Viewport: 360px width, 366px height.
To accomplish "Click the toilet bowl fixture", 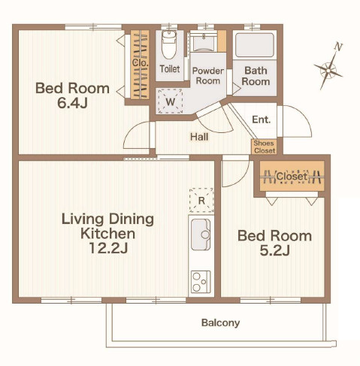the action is click(x=169, y=44).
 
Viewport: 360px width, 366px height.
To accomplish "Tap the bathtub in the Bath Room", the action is click(x=255, y=45).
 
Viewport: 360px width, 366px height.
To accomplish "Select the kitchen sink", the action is click(x=201, y=234).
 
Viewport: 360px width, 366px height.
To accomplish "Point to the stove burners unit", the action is click(x=201, y=282).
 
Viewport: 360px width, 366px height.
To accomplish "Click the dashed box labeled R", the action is click(x=201, y=201).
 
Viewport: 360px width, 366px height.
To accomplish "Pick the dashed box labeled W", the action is click(x=171, y=101).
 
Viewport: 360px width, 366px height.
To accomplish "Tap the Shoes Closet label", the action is click(x=265, y=147).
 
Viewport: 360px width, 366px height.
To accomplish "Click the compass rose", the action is click(x=328, y=71).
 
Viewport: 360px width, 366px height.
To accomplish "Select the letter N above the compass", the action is click(x=338, y=47).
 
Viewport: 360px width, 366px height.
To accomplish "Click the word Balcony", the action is click(x=220, y=322).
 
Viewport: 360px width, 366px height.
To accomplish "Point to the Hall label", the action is click(x=199, y=137).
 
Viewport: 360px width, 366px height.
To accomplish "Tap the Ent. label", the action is click(x=262, y=119).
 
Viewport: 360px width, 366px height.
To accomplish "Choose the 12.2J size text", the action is click(x=108, y=248).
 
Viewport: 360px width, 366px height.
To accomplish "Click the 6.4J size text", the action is click(x=72, y=103).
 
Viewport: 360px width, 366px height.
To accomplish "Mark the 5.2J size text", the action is click(x=274, y=250).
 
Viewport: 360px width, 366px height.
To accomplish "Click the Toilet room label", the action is click(x=170, y=69).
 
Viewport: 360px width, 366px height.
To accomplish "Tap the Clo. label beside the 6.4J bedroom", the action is click(x=140, y=62).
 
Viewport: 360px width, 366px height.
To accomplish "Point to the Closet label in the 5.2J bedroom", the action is click(x=292, y=177).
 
